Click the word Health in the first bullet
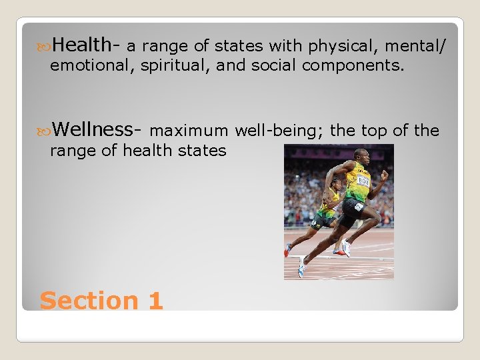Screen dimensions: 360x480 coord(82,45)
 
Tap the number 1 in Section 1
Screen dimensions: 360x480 coord(155,301)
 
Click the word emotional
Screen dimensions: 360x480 coord(93,66)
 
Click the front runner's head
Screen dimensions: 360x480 coord(361,156)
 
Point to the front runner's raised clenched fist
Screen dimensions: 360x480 coord(384,175)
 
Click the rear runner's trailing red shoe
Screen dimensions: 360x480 coord(287,249)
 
